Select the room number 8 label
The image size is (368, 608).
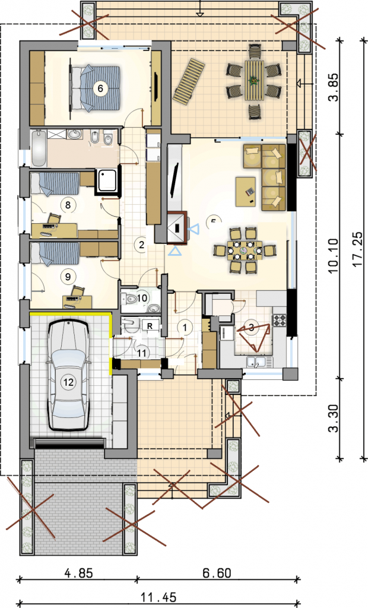click(x=68, y=205)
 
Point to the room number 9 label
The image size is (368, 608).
click(x=68, y=275)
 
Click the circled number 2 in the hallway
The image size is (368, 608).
click(x=141, y=243)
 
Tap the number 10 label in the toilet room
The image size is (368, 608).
click(x=142, y=297)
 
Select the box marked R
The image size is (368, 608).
click(x=151, y=326)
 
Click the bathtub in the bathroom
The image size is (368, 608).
click(x=39, y=148)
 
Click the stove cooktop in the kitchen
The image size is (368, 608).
click(x=279, y=321)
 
